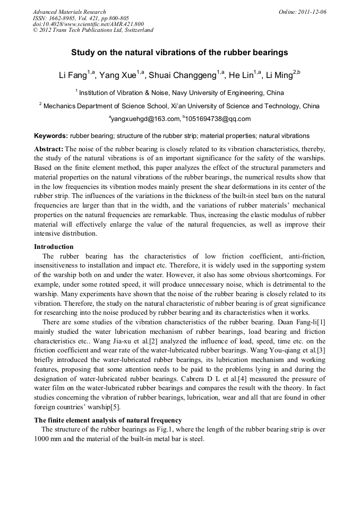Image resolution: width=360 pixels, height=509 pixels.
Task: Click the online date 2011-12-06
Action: pos(311,12)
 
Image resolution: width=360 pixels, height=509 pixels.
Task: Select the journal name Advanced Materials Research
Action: pos(69,12)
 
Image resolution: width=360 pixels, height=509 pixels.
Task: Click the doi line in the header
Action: pos(88,24)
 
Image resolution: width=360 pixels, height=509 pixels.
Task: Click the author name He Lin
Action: pos(242,75)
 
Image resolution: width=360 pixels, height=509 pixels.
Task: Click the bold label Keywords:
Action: pos(50,136)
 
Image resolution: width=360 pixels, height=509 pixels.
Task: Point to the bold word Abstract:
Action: pos(49,149)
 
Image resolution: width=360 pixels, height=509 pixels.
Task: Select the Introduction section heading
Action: pos(54,247)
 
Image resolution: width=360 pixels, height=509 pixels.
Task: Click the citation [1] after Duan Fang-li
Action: pos(320,322)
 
